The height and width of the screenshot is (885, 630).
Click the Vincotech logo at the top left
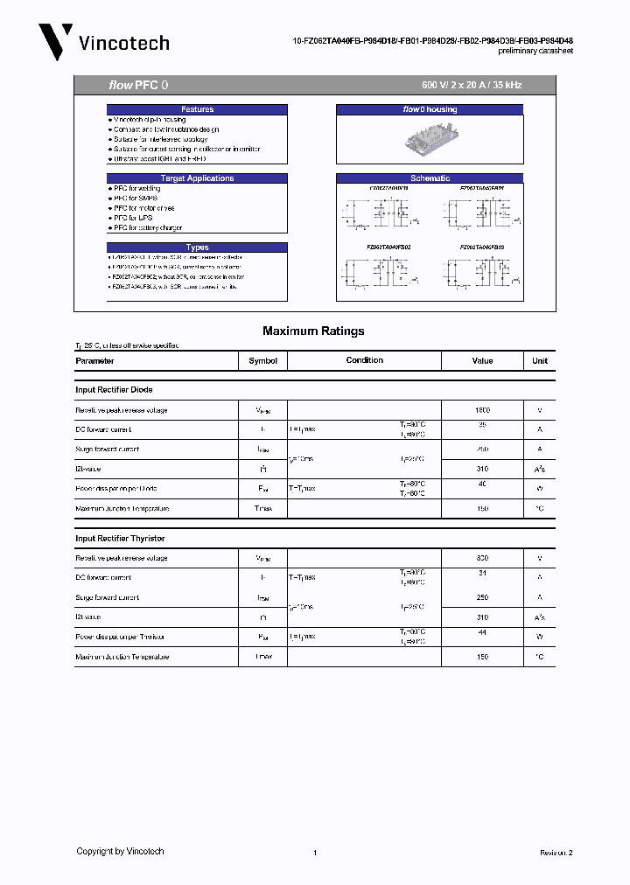(103, 42)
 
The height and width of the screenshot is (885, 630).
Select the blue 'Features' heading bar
(197, 109)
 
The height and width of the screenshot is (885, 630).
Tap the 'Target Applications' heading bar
(197, 178)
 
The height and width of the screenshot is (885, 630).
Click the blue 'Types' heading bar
(197, 247)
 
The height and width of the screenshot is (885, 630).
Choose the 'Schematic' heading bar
(430, 178)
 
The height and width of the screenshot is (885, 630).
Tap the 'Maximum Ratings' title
(313, 331)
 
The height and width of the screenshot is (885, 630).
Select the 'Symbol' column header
(262, 360)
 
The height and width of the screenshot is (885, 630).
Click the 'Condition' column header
(364, 360)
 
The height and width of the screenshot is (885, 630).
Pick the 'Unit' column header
(540, 360)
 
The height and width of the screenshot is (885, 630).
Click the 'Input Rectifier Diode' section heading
(114, 390)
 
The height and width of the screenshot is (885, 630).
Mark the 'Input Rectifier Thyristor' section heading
(120, 539)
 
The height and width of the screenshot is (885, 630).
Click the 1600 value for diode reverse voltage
(482, 410)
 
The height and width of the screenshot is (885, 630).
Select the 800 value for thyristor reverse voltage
(482, 558)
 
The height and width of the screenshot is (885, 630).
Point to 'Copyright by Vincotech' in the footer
(120, 851)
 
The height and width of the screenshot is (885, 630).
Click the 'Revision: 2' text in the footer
(556, 852)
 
